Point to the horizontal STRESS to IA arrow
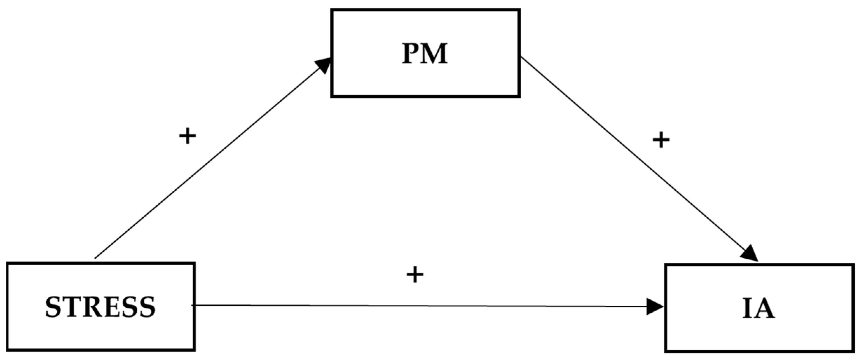coord(420,306)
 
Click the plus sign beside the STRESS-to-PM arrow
coord(187,136)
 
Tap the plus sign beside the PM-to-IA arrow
coord(661,141)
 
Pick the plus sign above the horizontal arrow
coord(415,274)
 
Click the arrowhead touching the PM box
coord(323,65)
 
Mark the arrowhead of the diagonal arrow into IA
coord(750,253)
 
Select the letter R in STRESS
coord(90,307)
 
